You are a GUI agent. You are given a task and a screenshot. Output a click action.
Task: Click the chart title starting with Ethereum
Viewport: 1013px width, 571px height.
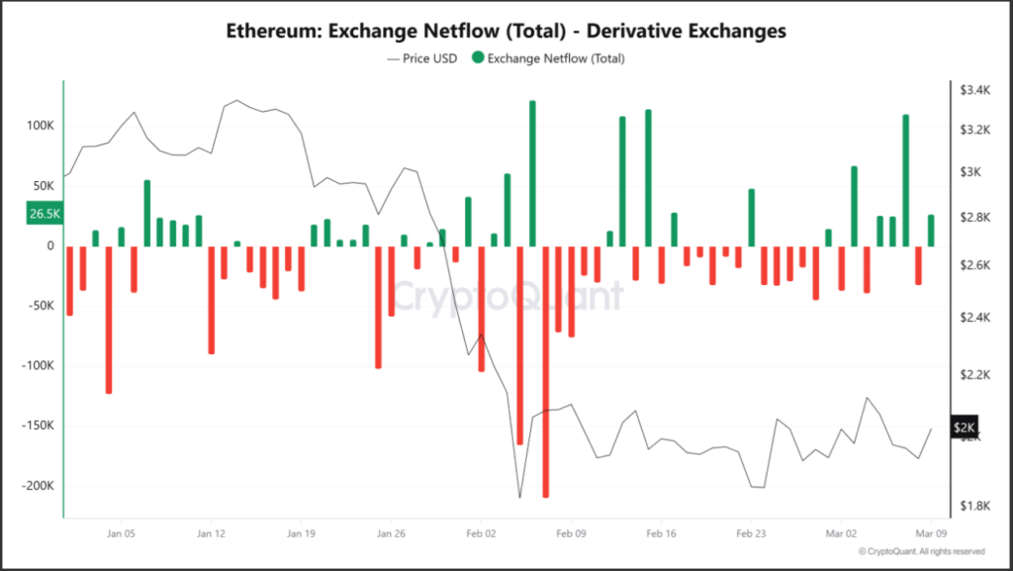(506, 31)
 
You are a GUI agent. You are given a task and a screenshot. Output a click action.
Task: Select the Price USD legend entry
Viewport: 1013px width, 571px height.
(421, 58)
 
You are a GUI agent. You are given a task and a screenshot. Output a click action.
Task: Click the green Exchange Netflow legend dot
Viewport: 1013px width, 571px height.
(478, 57)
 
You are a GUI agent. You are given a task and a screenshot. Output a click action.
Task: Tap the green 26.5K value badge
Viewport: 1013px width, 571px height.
(45, 213)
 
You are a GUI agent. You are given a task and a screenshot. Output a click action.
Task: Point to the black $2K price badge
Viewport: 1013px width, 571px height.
(965, 427)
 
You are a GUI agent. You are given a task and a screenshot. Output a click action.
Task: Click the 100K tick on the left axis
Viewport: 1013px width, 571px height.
(40, 126)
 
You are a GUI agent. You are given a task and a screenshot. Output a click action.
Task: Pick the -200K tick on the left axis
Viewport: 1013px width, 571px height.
(39, 486)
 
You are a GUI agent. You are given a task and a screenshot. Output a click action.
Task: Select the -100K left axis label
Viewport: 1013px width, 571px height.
(39, 365)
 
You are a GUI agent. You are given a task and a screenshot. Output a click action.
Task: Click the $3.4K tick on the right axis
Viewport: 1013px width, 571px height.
(974, 90)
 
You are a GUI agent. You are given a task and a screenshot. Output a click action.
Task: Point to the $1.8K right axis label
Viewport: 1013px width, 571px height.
(974, 506)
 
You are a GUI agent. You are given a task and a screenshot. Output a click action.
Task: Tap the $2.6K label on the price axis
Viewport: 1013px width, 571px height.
(974, 265)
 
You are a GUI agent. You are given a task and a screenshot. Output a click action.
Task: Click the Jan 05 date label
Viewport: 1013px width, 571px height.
(121, 533)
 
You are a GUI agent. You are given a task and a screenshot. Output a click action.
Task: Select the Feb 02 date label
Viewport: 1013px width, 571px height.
(482, 533)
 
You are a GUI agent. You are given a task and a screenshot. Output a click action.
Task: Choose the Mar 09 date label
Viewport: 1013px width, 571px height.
(931, 533)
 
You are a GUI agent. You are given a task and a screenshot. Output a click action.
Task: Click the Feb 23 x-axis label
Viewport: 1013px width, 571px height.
(752, 533)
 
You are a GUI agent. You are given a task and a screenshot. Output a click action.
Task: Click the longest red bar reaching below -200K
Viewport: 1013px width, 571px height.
(546, 371)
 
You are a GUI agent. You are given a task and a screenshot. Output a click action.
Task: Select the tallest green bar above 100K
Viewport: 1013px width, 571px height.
(532, 174)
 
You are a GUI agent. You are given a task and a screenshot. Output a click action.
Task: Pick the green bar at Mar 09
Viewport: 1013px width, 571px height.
(931, 231)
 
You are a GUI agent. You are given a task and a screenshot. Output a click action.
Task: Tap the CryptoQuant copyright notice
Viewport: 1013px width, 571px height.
(922, 551)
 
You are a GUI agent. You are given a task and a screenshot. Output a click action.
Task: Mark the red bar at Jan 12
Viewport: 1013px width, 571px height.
(212, 300)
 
